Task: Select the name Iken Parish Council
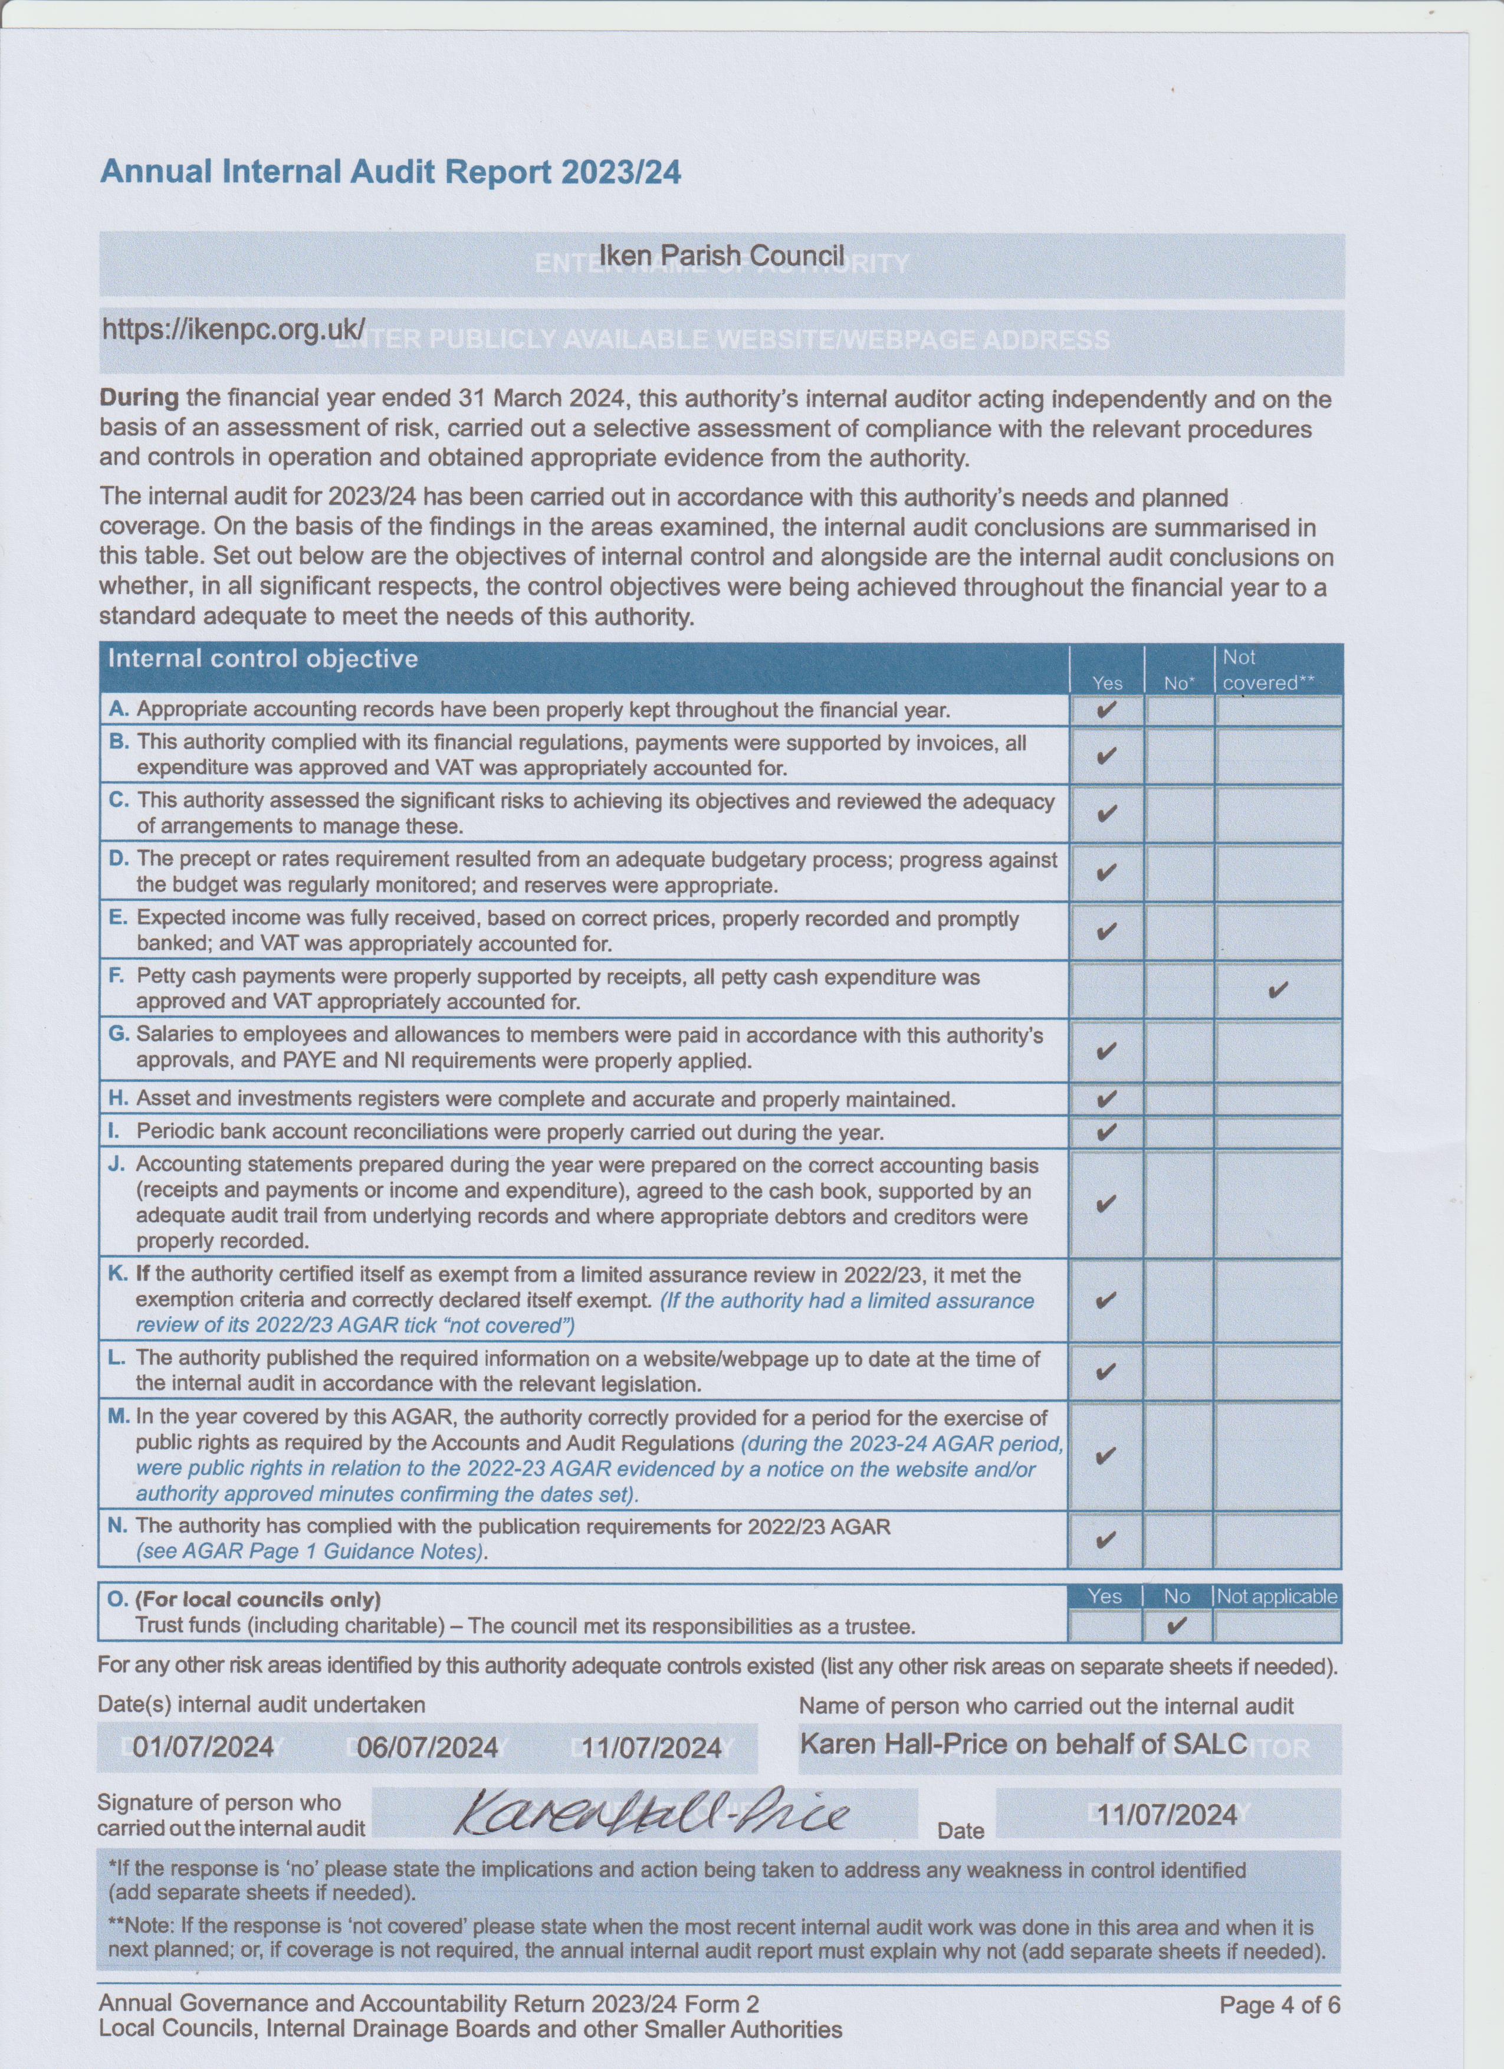tap(721, 255)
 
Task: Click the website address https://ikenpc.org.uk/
tap(234, 329)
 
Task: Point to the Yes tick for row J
tap(1105, 1204)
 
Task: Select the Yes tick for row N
tap(1105, 1539)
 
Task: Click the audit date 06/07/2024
tap(427, 1746)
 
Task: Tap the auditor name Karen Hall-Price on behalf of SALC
tap(1023, 1745)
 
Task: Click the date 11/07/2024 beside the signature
tap(1167, 1815)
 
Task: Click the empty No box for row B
tap(1178, 755)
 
